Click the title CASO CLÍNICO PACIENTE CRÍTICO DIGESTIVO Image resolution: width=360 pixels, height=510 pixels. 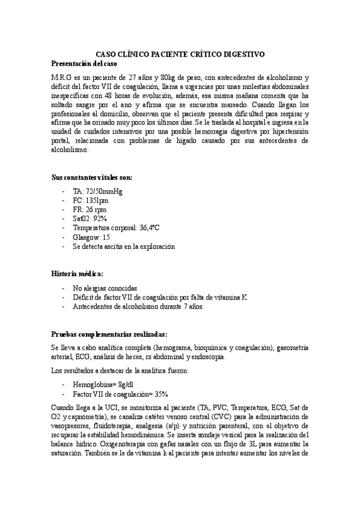pos(180,54)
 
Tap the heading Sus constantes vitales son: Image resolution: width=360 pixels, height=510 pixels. pos(92,177)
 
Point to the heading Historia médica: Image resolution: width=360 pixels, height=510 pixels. pos(78,273)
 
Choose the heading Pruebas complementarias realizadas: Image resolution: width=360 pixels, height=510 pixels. pos(109,334)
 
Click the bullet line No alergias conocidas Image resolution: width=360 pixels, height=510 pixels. pos(105,287)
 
